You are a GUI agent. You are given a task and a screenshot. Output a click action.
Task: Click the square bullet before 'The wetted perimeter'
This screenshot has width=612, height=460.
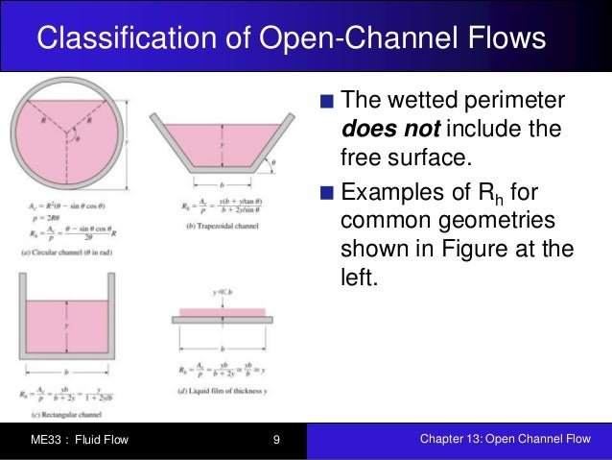(x=328, y=101)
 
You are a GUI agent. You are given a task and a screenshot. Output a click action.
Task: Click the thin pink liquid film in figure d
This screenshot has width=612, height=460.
(x=222, y=312)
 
